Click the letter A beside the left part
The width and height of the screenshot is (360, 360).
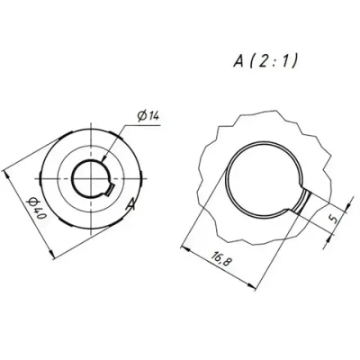(x=131, y=206)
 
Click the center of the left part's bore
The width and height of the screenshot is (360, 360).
(x=91, y=177)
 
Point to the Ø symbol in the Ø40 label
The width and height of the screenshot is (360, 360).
(x=33, y=200)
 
